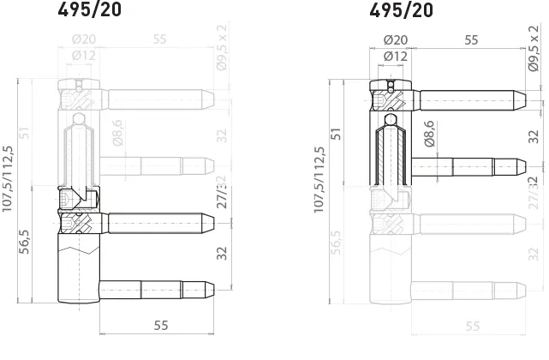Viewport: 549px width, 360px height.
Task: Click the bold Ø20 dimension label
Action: tap(394, 40)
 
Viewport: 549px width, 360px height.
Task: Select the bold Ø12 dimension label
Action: tap(395, 57)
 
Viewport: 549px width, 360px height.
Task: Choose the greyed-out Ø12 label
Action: tap(83, 57)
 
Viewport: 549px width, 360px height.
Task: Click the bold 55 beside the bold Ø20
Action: tap(471, 40)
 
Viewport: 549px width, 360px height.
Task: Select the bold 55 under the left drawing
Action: tap(160, 326)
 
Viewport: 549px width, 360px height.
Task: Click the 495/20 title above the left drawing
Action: tap(89, 11)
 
